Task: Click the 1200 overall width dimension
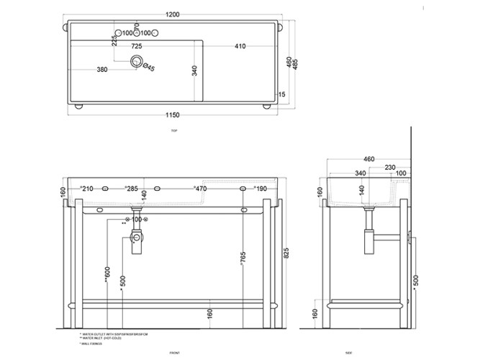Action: (173, 14)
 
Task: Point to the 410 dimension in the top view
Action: (240, 47)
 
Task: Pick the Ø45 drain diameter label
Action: (149, 68)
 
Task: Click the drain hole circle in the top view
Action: (136, 61)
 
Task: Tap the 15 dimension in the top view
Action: (282, 94)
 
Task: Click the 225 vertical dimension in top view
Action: (114, 42)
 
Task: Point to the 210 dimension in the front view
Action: (87, 189)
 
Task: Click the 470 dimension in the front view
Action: (200, 189)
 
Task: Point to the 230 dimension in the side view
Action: (389, 168)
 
